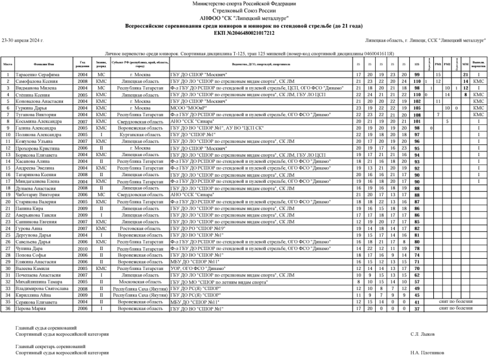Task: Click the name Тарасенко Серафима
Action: (x=36, y=74)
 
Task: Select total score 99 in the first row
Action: (x=417, y=74)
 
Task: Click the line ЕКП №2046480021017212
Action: (x=244, y=33)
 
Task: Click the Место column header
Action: (x=8, y=64)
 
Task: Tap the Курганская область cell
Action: (x=134, y=133)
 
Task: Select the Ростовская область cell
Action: (x=134, y=228)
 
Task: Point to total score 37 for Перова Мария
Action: (x=417, y=308)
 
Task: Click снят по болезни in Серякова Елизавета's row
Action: (x=455, y=302)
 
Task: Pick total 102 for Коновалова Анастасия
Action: (x=417, y=101)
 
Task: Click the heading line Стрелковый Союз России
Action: (x=244, y=10)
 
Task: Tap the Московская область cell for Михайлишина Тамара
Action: (x=134, y=282)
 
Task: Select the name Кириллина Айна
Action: (x=34, y=295)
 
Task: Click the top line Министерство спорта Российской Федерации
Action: (x=244, y=3)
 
